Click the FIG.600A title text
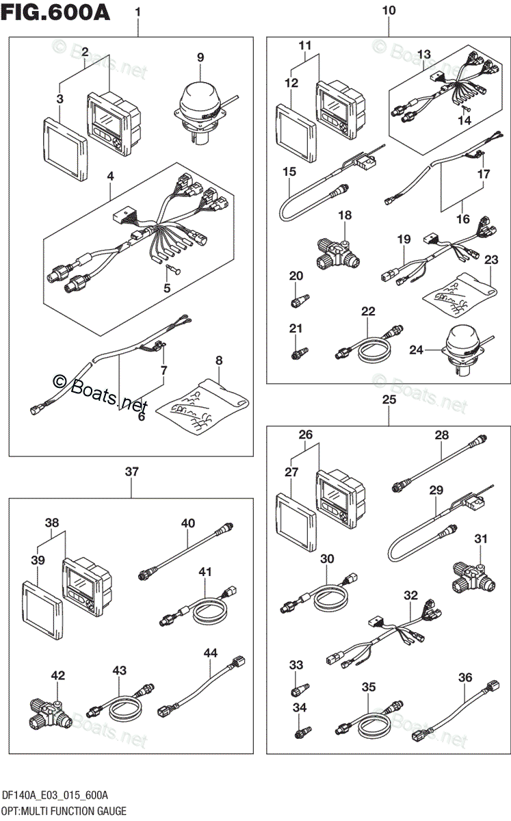pyautogui.click(x=57, y=13)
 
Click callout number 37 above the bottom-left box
pyautogui.click(x=131, y=471)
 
